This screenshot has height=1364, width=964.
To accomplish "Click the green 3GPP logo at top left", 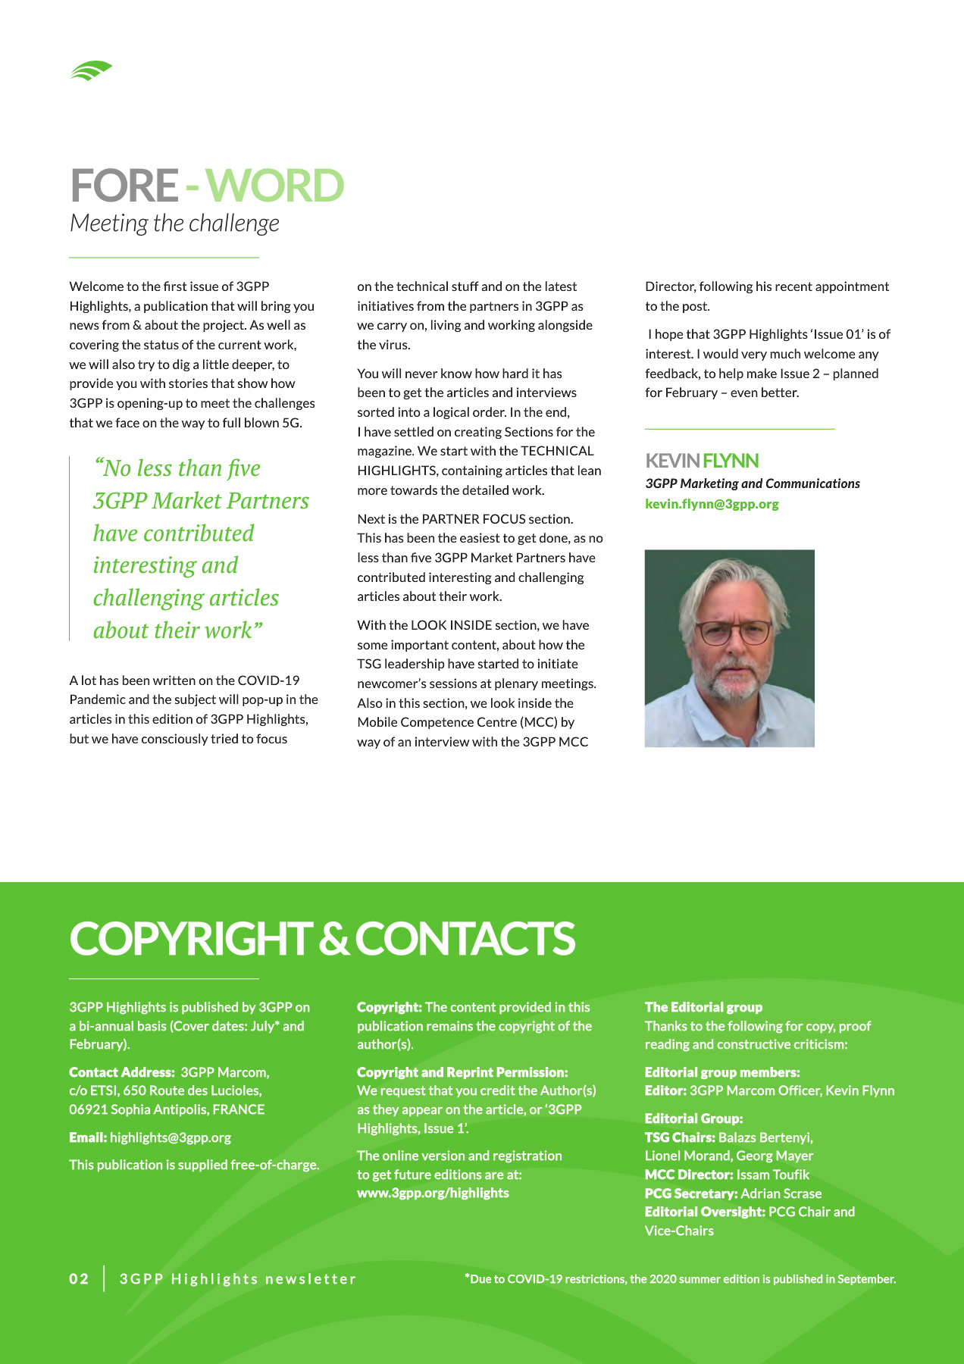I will click(91, 70).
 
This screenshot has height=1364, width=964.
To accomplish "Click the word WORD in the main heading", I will click(274, 186).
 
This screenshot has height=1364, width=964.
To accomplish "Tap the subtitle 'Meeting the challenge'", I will click(174, 224).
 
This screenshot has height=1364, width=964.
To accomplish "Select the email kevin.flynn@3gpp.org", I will click(712, 504).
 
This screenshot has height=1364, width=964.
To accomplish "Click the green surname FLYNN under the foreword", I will click(730, 461).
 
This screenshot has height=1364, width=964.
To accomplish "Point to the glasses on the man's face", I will click(733, 631).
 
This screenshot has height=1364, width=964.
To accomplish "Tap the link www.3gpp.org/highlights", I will click(433, 1193).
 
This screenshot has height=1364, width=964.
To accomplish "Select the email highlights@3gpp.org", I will click(171, 1137).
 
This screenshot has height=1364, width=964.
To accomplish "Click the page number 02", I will click(79, 1279).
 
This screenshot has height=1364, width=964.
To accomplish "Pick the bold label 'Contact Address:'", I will click(122, 1072).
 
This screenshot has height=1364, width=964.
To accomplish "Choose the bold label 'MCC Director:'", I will click(689, 1175).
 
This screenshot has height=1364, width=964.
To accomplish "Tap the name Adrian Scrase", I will click(781, 1193).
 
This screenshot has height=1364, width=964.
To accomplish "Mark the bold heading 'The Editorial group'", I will click(703, 1007).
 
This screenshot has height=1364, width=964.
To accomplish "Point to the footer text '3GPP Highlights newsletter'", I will click(238, 1279).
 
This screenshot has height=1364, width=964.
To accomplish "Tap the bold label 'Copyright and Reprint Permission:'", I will click(462, 1072).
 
